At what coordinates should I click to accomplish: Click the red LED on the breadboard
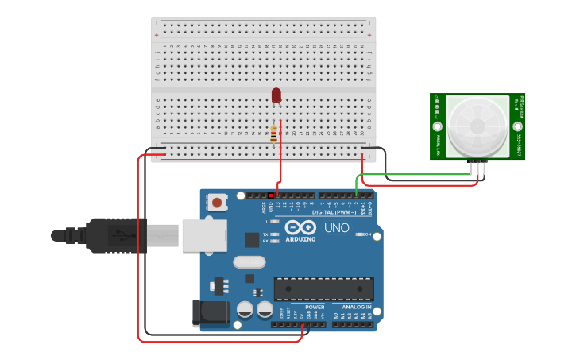(276, 95)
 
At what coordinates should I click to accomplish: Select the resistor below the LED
(274, 134)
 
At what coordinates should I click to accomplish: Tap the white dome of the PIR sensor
(477, 126)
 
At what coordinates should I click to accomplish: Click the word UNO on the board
(336, 228)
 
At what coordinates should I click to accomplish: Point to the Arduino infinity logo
(300, 227)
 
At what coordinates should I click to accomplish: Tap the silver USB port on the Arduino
(204, 236)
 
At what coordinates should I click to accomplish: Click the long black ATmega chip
(323, 288)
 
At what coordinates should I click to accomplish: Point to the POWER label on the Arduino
(315, 307)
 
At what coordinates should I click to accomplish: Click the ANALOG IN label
(358, 307)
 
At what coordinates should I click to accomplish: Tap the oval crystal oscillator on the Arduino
(249, 262)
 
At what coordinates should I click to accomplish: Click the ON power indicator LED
(360, 234)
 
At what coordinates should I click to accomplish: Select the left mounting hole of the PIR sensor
(437, 126)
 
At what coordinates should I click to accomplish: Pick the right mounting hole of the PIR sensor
(517, 126)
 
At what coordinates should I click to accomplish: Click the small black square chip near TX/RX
(251, 238)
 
